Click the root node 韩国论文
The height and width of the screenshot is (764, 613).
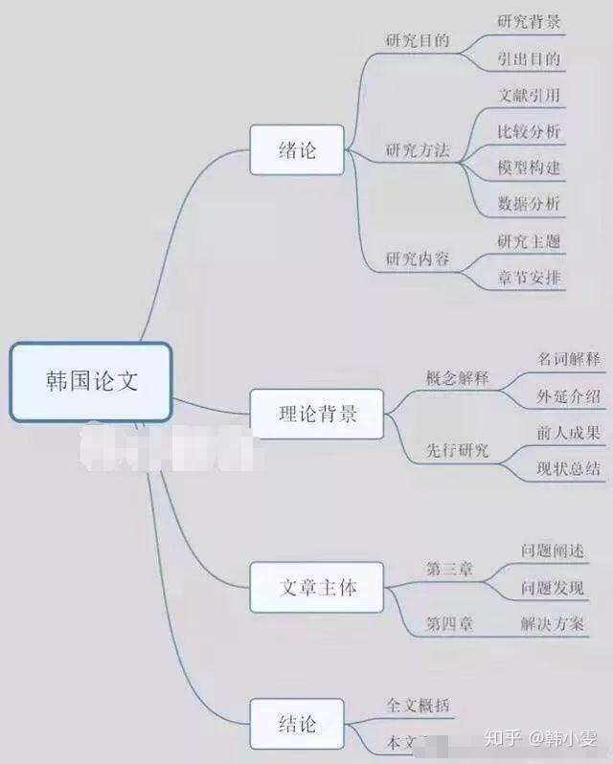91,382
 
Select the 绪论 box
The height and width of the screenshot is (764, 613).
297,150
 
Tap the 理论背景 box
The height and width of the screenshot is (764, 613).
317,414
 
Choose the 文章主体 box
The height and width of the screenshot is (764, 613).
317,587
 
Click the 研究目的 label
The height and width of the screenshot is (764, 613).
417,41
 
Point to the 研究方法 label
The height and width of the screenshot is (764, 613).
417,150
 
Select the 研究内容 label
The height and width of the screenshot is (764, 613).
417,258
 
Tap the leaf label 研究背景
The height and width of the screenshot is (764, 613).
529,21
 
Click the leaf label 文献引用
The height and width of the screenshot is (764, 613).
529,95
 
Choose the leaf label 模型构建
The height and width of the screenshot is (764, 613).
529,167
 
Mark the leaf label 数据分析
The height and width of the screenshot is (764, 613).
529,203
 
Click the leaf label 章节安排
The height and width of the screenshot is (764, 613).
529,278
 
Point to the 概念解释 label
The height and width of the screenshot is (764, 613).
457,377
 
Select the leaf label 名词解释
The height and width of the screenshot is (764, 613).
569,359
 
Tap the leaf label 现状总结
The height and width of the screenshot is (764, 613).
569,469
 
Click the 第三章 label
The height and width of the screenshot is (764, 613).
449,569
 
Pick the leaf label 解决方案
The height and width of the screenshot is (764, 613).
553,624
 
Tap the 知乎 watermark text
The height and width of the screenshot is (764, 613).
502,737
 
